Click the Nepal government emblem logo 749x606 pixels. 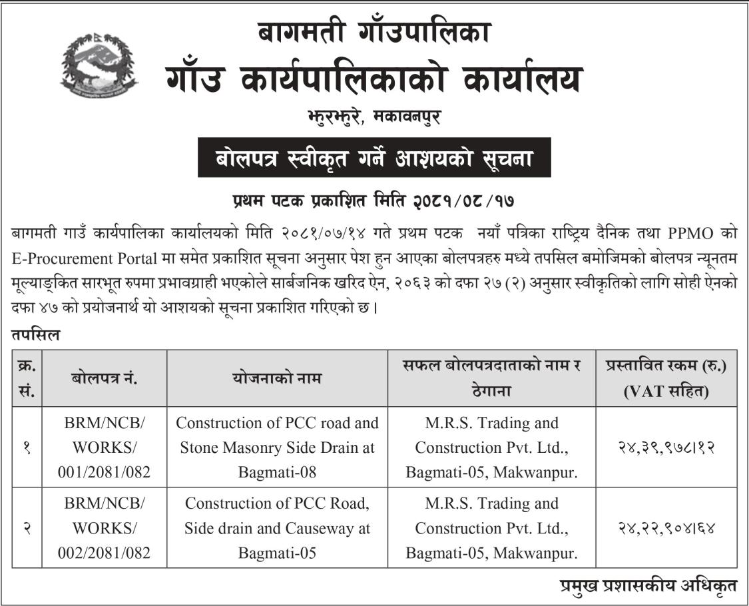(99, 67)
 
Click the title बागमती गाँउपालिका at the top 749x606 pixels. (375, 32)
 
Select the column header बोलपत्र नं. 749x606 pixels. (105, 378)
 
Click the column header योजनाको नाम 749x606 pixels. (277, 378)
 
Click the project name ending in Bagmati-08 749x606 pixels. (277, 448)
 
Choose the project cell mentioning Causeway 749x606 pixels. (277, 528)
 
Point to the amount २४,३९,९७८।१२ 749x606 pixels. (666, 448)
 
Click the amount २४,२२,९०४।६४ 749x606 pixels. (666, 528)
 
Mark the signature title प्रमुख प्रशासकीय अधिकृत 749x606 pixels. (648, 586)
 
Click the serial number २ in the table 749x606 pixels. (27, 528)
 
